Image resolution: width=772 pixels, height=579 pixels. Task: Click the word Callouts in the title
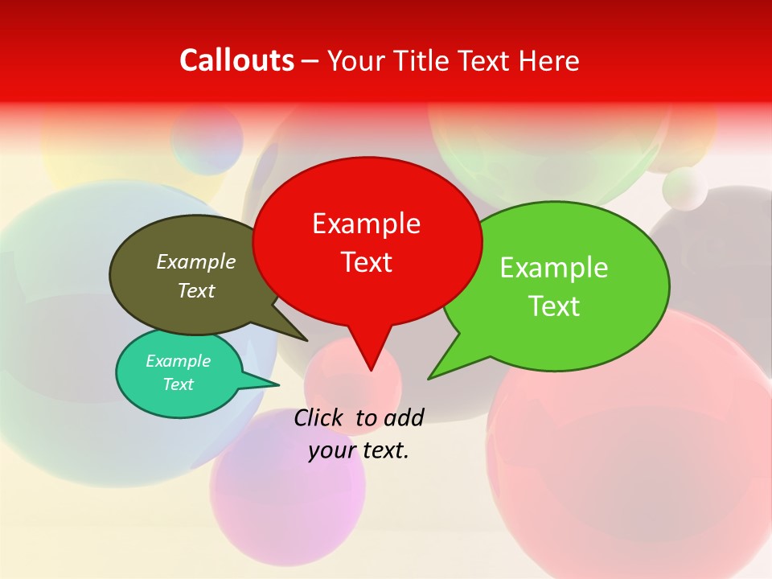click(x=236, y=60)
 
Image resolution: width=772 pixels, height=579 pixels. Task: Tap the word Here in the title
click(x=549, y=60)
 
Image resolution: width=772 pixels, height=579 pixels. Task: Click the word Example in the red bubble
click(x=366, y=224)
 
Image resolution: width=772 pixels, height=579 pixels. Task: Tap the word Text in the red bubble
click(x=366, y=262)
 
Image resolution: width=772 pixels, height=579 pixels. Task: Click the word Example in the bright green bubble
click(x=554, y=268)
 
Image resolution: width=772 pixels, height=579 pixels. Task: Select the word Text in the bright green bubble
click(x=554, y=306)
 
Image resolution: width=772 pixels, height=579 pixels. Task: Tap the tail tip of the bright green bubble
click(x=429, y=378)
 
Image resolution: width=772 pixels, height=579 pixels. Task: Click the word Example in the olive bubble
click(x=196, y=262)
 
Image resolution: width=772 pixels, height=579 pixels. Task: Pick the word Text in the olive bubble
click(x=196, y=291)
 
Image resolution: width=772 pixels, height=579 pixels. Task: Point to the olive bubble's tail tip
click(x=306, y=340)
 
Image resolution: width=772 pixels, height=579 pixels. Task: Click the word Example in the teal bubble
click(x=179, y=361)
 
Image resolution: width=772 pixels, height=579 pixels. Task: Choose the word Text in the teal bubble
click(x=179, y=384)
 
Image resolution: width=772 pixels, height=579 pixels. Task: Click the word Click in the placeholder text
click(x=318, y=417)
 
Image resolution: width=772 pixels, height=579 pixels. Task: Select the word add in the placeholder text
click(x=404, y=417)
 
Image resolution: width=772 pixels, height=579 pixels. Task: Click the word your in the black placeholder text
click(x=331, y=450)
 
